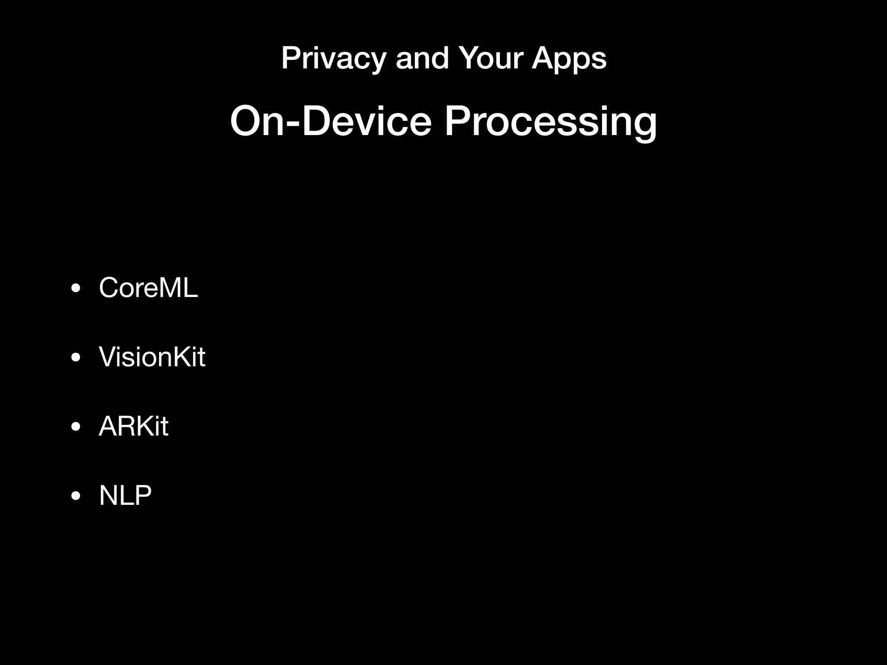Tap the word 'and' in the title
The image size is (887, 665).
tap(422, 58)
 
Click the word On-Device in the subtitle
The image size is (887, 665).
tap(331, 122)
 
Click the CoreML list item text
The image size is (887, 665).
tap(148, 287)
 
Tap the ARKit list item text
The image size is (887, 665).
tap(133, 426)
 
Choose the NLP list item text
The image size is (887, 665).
tap(125, 495)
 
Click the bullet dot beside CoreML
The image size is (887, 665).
tap(76, 288)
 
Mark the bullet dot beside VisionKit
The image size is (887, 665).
tap(76, 358)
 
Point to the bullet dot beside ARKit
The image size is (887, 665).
tap(76, 427)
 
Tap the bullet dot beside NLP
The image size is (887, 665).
tap(76, 496)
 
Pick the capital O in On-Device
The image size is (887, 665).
tap(247, 122)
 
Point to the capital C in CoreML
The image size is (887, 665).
tap(109, 287)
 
